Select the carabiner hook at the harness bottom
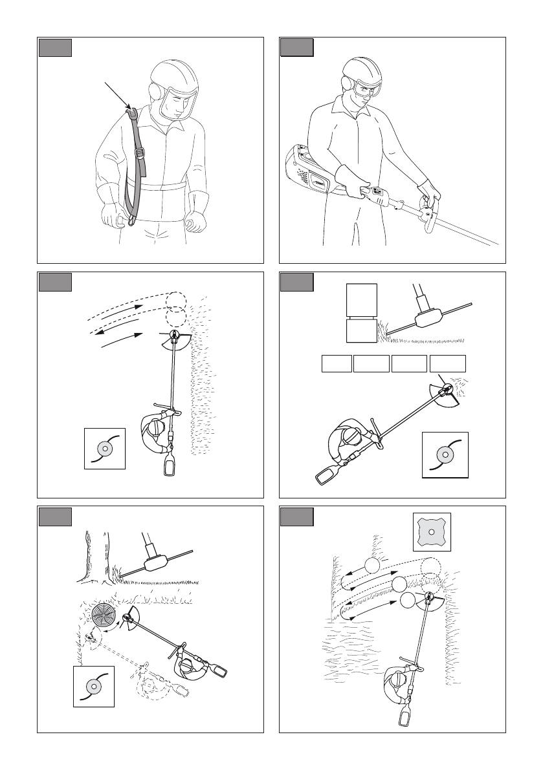pyautogui.click(x=131, y=221)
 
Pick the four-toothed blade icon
pyautogui.click(x=432, y=532)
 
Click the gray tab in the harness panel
pyautogui.click(x=54, y=48)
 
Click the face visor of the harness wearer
pyautogui.click(x=177, y=103)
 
